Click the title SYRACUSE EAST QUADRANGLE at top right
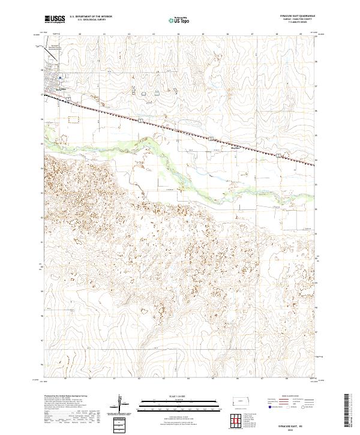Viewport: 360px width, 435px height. [x=298, y=16]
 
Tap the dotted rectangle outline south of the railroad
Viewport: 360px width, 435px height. [x=74, y=119]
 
